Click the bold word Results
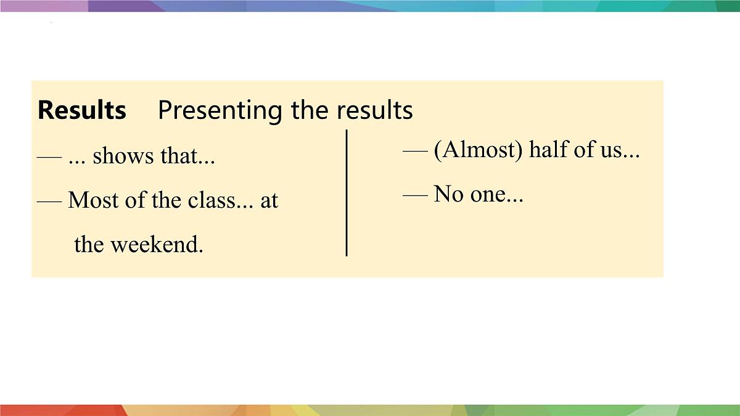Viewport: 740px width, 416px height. (82, 110)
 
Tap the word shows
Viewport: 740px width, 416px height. (123, 157)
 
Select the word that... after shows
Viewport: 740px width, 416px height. (187, 157)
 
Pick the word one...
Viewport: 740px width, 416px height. (496, 195)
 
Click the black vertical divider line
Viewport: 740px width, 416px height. (347, 192)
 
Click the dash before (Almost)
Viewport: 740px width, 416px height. (415, 151)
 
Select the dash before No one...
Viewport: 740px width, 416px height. (415, 195)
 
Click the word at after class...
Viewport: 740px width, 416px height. (269, 200)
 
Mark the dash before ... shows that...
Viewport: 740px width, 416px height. (49, 157)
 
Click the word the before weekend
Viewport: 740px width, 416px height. (89, 245)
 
